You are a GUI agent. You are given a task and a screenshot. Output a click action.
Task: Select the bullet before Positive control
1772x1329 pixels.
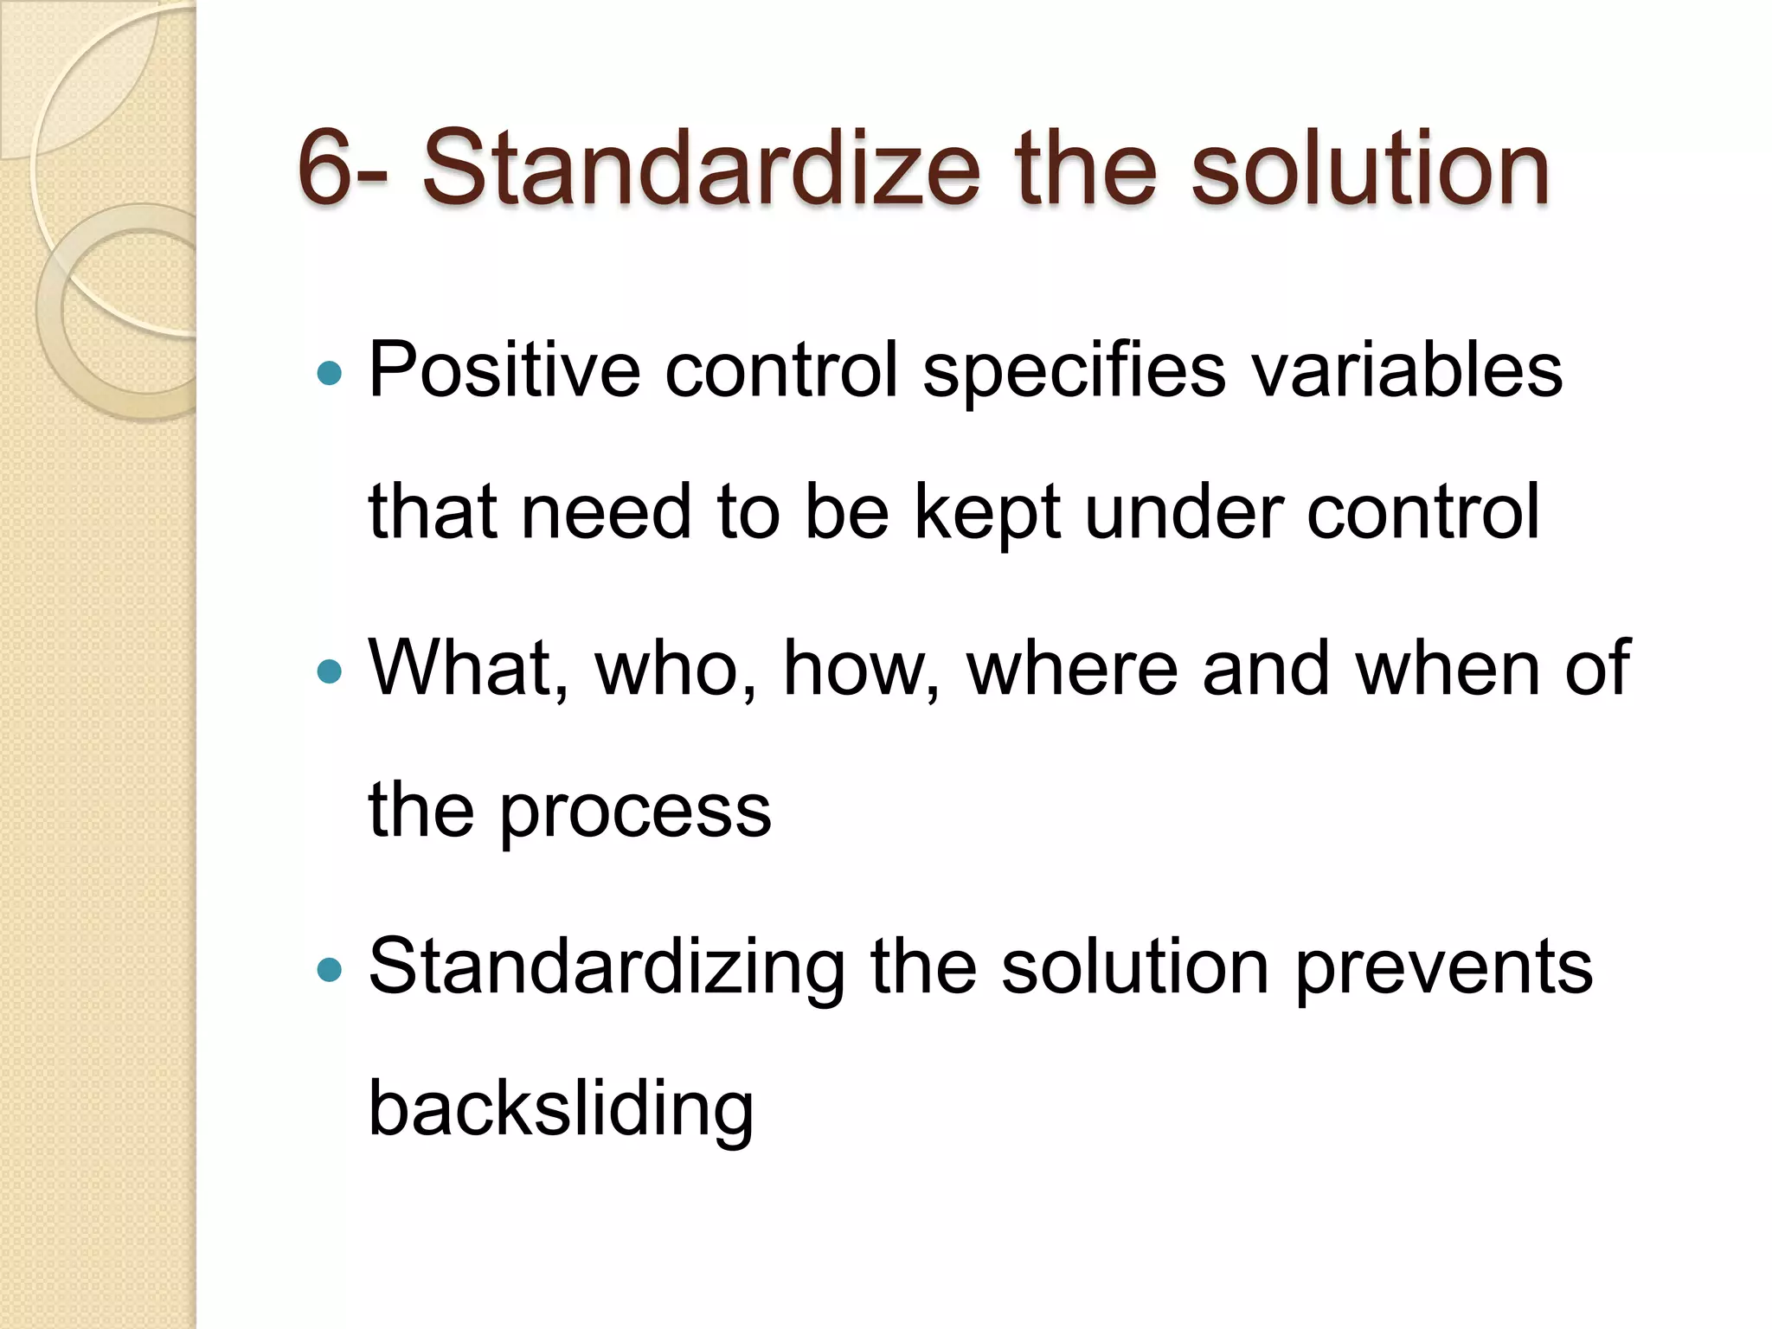click(x=330, y=374)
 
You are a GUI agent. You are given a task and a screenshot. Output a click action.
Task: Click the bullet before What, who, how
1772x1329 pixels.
click(x=330, y=671)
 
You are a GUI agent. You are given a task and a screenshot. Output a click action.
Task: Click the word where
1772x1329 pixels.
click(x=1073, y=668)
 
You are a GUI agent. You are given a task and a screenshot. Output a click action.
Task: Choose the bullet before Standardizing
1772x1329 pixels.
click(x=330, y=969)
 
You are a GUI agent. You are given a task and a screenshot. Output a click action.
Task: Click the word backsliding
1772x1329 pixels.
click(x=561, y=1109)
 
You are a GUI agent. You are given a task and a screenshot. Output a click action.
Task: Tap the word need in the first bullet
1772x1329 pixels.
click(x=607, y=512)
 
